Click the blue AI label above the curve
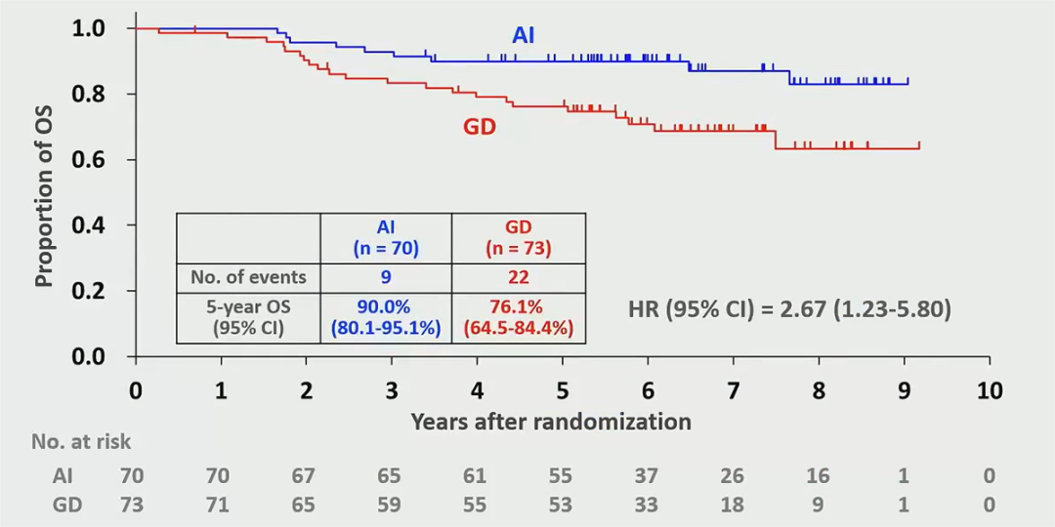[x=524, y=36]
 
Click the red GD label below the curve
[x=480, y=126]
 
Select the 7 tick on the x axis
[x=734, y=391]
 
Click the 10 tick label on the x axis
[x=990, y=391]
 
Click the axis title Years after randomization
[x=551, y=422]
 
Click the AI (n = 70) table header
[x=386, y=238]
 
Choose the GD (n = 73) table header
[x=519, y=238]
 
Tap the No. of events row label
[x=248, y=277]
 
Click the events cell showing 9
[x=386, y=277]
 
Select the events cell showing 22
[x=519, y=277]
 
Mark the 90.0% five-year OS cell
[x=386, y=307]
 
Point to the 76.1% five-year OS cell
[x=519, y=307]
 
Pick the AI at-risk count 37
[x=647, y=476]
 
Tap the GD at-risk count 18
[x=733, y=506]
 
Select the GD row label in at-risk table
[x=66, y=506]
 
